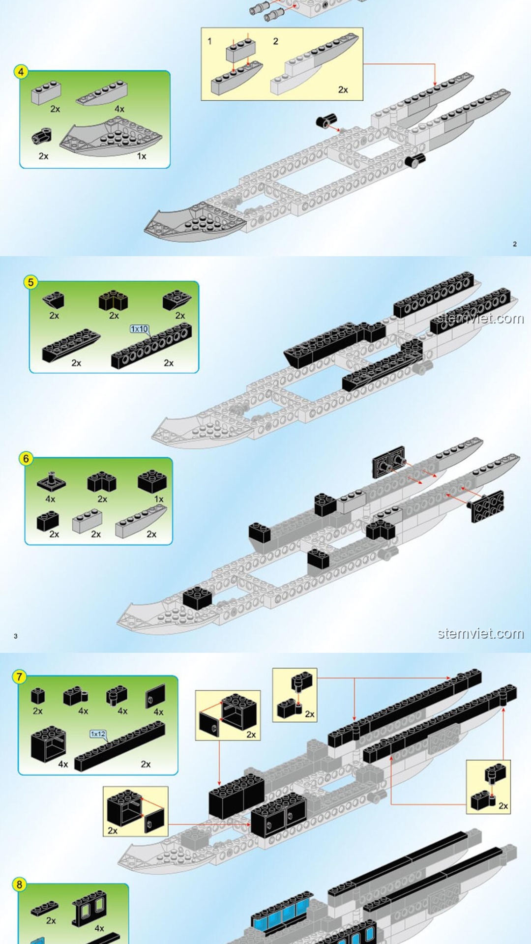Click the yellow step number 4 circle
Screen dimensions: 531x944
tap(21, 72)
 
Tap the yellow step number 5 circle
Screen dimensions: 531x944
tap(31, 282)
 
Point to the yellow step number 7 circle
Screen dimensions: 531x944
tap(19, 677)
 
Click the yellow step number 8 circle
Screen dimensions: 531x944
tap(19, 885)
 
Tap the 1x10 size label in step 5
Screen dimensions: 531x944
tap(139, 329)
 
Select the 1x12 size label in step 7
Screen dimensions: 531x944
tap(98, 734)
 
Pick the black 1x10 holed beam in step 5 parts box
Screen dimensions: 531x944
tap(151, 346)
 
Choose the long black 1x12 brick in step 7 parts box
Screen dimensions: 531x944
tap(119, 746)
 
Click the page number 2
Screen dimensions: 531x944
tap(515, 244)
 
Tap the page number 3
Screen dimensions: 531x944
tap(16, 636)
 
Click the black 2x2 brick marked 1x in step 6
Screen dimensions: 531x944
tap(152, 481)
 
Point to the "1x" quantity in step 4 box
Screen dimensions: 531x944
tap(142, 156)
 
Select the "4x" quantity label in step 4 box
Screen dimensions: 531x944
tap(119, 109)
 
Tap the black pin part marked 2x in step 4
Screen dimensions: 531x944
tap(42, 136)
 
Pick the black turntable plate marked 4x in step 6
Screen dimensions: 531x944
tap(51, 480)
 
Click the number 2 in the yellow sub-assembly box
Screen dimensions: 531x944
tap(276, 41)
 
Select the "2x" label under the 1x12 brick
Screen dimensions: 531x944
tap(146, 764)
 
